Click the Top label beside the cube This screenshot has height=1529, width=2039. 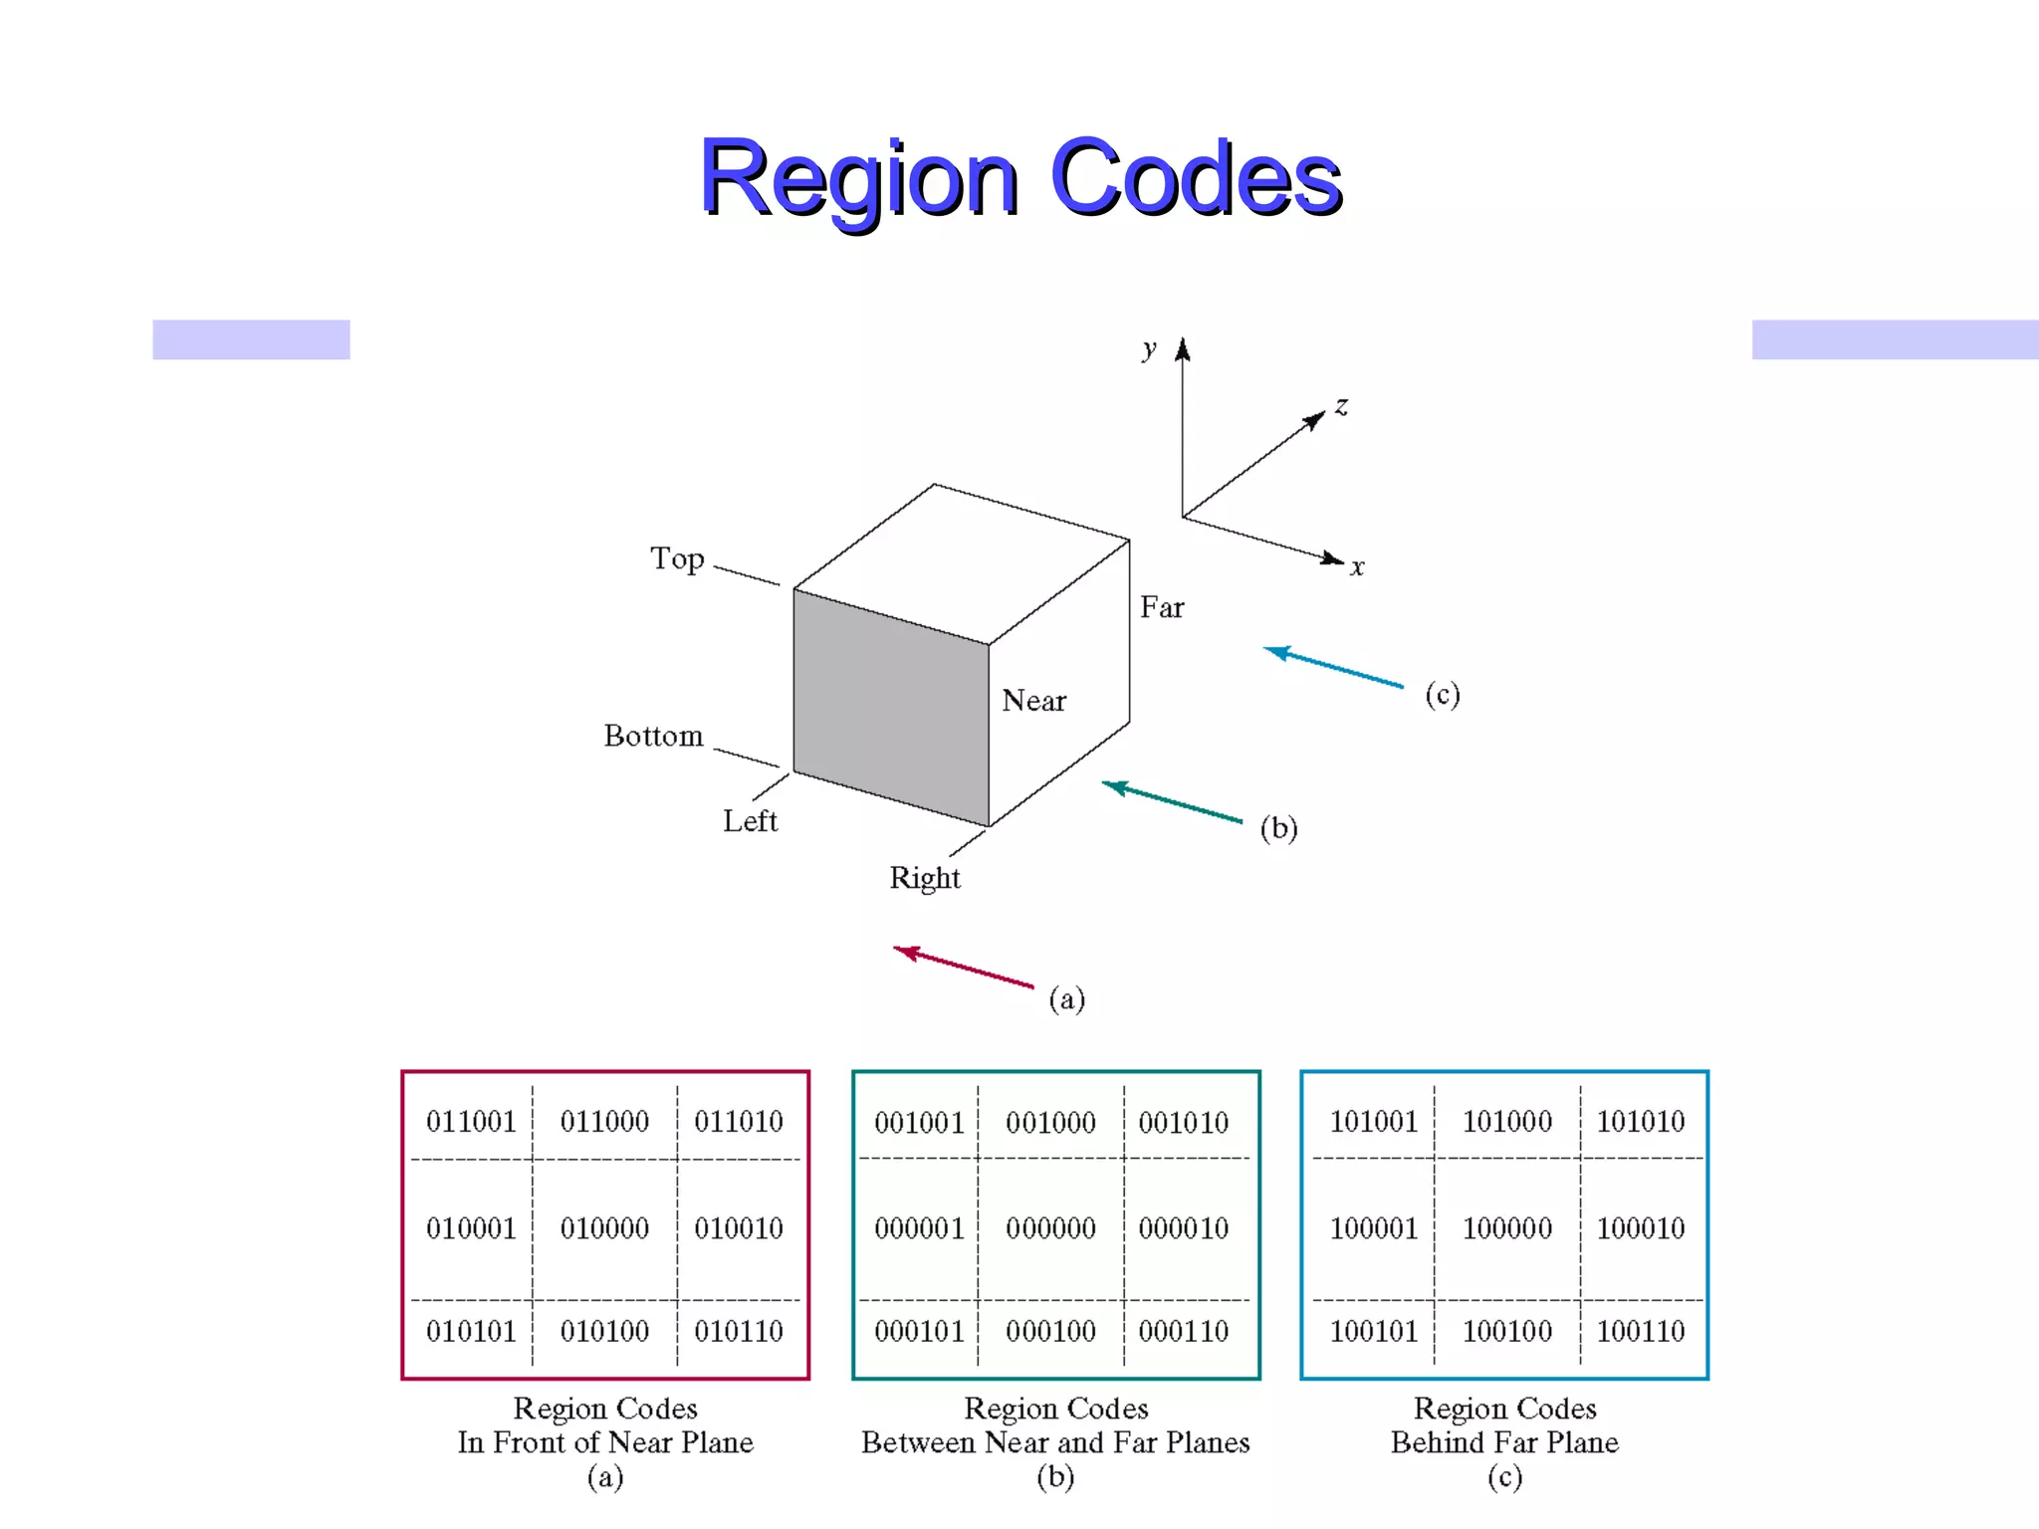[677, 558]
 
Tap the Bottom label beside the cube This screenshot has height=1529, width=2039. [653, 736]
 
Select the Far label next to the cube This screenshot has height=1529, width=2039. [1162, 607]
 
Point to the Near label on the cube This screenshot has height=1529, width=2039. [1033, 701]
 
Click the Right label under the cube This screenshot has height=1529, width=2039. [925, 878]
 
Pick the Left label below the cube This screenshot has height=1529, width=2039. [750, 821]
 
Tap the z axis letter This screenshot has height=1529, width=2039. [1342, 406]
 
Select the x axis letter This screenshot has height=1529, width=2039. [1357, 568]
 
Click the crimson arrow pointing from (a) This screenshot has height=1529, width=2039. [963, 967]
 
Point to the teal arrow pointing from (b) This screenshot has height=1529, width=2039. [1172, 802]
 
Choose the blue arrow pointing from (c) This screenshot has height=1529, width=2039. [1333, 667]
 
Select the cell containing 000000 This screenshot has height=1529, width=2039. [1050, 1228]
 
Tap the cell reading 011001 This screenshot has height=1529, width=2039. [471, 1122]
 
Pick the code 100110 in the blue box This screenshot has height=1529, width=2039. [1641, 1331]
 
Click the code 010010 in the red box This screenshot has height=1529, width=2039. [739, 1228]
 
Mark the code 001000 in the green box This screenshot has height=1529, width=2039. [1050, 1123]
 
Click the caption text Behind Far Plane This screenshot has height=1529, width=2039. [1504, 1442]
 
